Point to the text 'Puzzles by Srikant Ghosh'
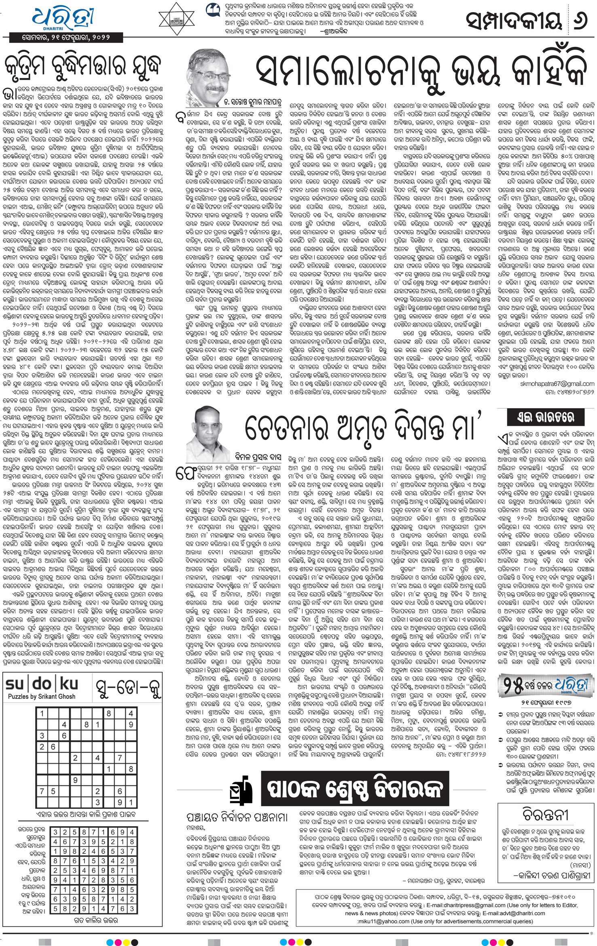coord(42,696)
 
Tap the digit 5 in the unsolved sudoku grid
coord(53,791)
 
